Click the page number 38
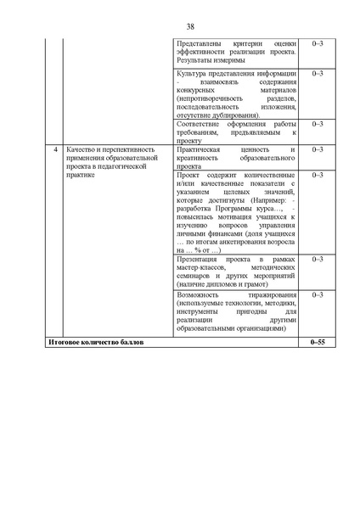click(x=180, y=25)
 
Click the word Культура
click(x=194, y=74)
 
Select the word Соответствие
click(x=200, y=124)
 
